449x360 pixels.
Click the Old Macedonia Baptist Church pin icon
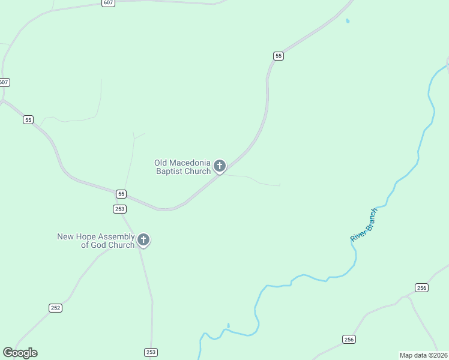(x=220, y=166)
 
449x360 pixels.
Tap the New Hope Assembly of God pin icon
(x=143, y=240)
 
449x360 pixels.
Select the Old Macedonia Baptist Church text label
(x=182, y=167)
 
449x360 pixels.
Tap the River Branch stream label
(x=364, y=225)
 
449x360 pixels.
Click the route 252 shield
(x=55, y=308)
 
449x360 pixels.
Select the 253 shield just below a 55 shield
(x=119, y=208)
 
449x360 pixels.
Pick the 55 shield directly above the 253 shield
(x=121, y=194)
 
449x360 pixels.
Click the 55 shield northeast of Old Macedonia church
(x=278, y=56)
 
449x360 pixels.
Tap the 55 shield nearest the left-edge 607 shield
(x=28, y=119)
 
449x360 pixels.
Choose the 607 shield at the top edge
(x=108, y=3)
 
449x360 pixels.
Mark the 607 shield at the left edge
(x=4, y=82)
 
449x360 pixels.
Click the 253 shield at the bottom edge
(x=151, y=352)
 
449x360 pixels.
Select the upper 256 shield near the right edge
(x=421, y=288)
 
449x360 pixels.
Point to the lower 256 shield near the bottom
(x=349, y=340)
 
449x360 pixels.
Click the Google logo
(x=20, y=353)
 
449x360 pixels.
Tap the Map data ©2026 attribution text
(x=424, y=355)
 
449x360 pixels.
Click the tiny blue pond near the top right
(x=348, y=22)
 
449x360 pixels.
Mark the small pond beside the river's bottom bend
(x=228, y=326)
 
